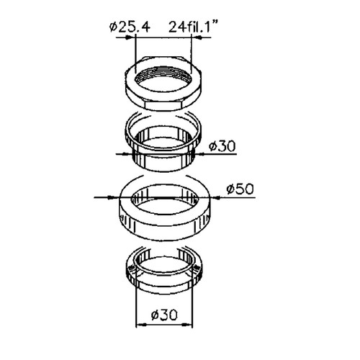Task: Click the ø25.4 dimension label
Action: click(130, 27)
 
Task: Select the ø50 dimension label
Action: click(240, 189)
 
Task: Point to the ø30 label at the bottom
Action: click(165, 315)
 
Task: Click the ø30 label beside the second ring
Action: click(222, 146)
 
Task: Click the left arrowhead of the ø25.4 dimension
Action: click(129, 37)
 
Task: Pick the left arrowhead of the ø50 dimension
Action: click(112, 197)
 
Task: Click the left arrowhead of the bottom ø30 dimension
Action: click(141, 325)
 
